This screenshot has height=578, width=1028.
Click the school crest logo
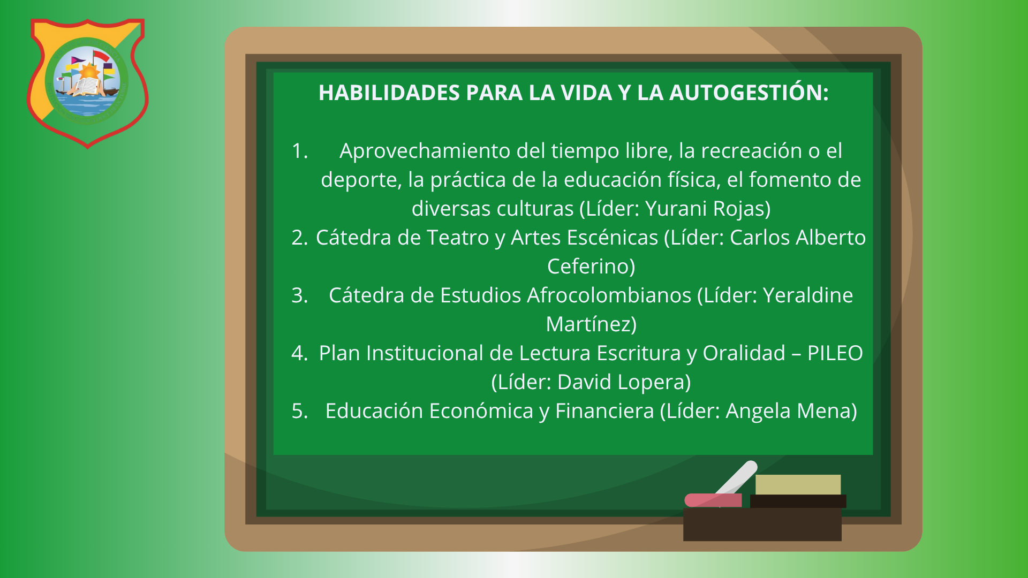(x=87, y=83)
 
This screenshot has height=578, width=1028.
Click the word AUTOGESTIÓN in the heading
(x=749, y=93)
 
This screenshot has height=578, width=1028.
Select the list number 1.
(x=300, y=151)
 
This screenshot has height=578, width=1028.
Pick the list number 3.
(x=300, y=295)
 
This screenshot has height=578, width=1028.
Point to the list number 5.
(x=300, y=411)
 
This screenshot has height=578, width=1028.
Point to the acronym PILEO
(x=835, y=353)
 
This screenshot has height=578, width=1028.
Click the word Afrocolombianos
(x=609, y=295)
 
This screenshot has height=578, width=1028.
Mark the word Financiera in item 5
(x=604, y=411)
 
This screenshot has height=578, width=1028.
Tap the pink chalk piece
(x=713, y=500)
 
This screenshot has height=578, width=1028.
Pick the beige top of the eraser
(x=798, y=484)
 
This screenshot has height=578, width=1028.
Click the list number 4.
(x=300, y=353)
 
